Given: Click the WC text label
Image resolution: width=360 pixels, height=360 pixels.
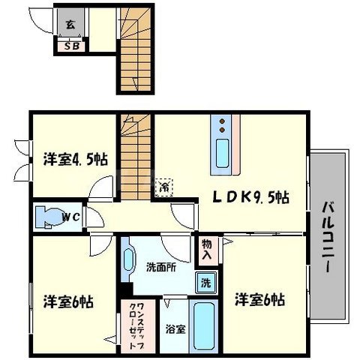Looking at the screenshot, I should (x=71, y=218).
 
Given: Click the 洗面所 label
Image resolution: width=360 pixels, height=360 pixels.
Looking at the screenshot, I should (x=160, y=268).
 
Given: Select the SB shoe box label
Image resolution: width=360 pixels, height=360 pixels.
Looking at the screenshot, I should (x=72, y=46).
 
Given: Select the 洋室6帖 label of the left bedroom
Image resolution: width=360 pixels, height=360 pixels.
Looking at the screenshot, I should (x=67, y=301).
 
